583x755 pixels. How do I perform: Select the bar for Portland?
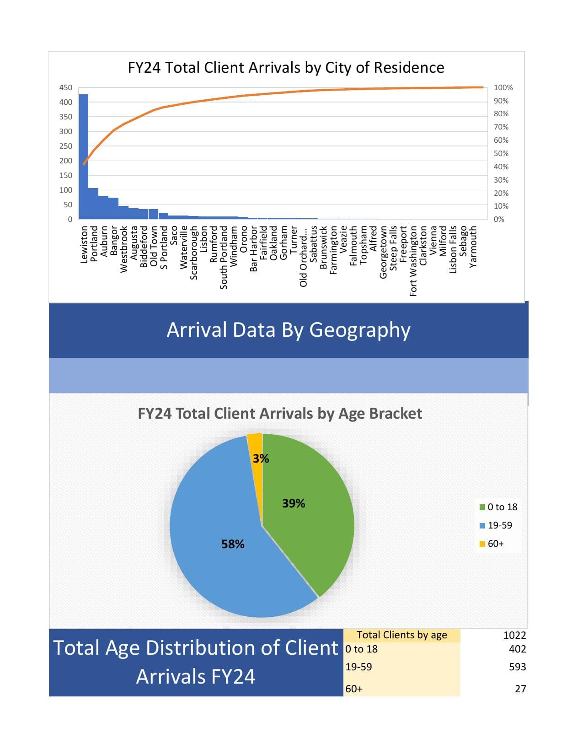pyautogui.click(x=93, y=204)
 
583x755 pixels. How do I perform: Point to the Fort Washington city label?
pyautogui.click(x=413, y=261)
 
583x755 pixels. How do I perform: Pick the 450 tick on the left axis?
pyautogui.click(x=66, y=87)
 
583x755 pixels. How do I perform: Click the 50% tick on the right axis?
pyautogui.click(x=501, y=153)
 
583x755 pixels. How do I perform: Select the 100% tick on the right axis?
pyautogui.click(x=503, y=87)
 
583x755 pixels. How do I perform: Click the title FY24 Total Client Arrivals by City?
pyautogui.click(x=286, y=68)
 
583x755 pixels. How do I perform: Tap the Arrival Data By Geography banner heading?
pyautogui.click(x=289, y=329)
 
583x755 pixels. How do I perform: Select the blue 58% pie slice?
pyautogui.click(x=229, y=549)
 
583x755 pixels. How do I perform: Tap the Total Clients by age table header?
pyautogui.click(x=401, y=635)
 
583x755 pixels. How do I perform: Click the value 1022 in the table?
pyautogui.click(x=514, y=635)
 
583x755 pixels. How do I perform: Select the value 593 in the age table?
pyautogui.click(x=517, y=667)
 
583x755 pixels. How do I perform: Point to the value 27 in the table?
pyautogui.click(x=520, y=689)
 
